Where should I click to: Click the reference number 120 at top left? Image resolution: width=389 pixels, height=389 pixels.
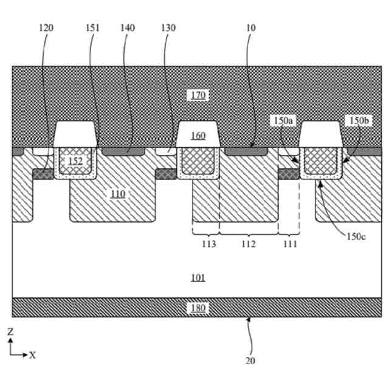pos(46,29)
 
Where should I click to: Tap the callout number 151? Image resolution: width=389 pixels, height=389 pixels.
pos(93,29)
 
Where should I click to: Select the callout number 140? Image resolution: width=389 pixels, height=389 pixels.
pos(128,29)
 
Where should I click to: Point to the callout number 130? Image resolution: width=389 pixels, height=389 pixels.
pos(168,29)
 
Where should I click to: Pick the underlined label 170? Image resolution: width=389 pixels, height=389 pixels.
pos(198,95)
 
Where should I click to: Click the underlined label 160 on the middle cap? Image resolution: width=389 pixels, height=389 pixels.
pos(198,136)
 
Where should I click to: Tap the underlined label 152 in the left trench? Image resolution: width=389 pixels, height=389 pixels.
pos(75,161)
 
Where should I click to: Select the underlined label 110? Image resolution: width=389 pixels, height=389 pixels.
pos(118,194)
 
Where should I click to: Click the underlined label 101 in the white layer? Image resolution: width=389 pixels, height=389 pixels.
pos(198,278)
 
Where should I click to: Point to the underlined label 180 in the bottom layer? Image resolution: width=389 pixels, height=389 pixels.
pos(198,308)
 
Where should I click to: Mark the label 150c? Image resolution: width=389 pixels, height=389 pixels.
pos(356,236)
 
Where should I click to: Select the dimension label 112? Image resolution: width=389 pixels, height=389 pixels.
pos(249,244)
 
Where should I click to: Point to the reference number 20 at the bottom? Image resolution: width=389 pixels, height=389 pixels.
pos(250,360)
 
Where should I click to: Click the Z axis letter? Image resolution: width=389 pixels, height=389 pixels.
pos(10,332)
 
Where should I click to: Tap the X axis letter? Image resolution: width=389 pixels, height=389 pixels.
pos(32,355)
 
